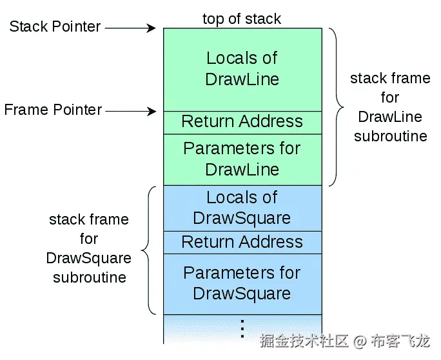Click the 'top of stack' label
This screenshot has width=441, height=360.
242,19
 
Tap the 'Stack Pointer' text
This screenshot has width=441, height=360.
55,26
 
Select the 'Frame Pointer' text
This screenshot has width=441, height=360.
53,110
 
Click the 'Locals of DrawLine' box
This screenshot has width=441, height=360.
242,70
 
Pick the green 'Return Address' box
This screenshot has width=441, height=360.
242,123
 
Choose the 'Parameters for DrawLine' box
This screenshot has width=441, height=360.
242,159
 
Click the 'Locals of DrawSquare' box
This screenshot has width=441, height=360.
242,208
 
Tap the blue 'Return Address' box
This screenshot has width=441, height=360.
242,243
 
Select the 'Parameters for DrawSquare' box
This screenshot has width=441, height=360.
242,284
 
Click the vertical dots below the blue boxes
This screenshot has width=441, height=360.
242,328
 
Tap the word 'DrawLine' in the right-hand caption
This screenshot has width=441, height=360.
390,117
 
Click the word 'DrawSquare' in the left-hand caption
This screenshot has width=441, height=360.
88,259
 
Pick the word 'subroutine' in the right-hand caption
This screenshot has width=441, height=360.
391,136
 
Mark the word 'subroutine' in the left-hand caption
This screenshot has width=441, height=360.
90,277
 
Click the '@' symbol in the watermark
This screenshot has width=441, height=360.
360,341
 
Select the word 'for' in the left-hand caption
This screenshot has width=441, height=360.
89,239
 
